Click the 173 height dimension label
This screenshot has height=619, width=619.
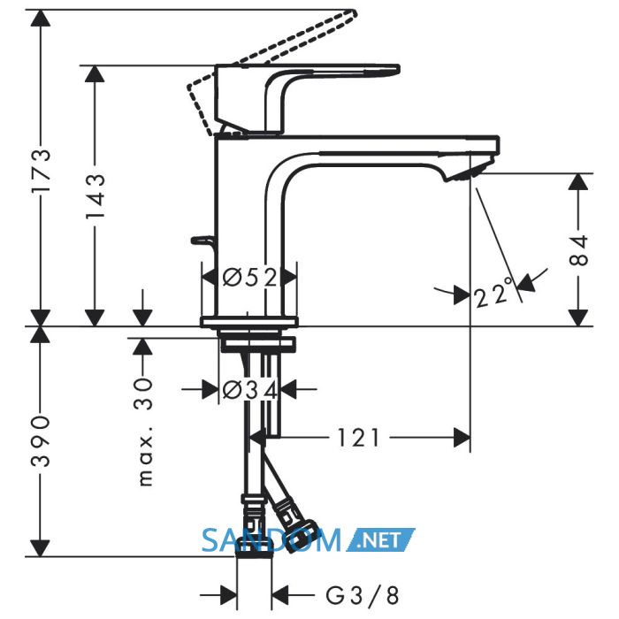42,171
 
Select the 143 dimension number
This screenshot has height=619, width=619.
96,196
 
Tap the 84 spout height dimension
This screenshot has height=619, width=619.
579,250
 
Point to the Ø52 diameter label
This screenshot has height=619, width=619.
249,277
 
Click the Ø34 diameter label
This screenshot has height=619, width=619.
250,390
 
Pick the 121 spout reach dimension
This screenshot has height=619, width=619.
358,438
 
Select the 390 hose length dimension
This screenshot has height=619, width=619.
41,440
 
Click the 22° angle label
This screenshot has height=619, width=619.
493,293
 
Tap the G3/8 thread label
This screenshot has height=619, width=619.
363,595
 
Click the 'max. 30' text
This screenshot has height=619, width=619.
146,432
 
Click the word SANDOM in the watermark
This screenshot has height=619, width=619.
271,540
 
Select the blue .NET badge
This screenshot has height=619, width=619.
380,539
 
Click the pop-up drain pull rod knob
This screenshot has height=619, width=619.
203,240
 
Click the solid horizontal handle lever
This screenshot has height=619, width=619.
307,70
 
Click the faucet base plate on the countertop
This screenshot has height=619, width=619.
249,322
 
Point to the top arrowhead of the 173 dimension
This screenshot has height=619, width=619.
41,19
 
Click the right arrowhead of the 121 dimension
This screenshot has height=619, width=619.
462,438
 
